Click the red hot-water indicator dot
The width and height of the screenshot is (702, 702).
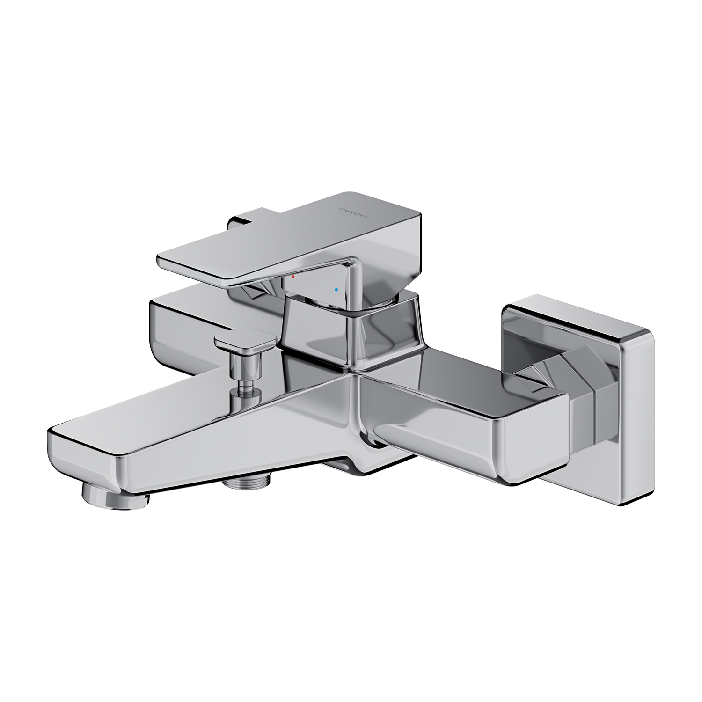click(x=293, y=277)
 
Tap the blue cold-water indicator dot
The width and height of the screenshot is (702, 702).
click(x=336, y=290)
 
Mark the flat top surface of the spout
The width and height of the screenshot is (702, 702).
click(x=187, y=412)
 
